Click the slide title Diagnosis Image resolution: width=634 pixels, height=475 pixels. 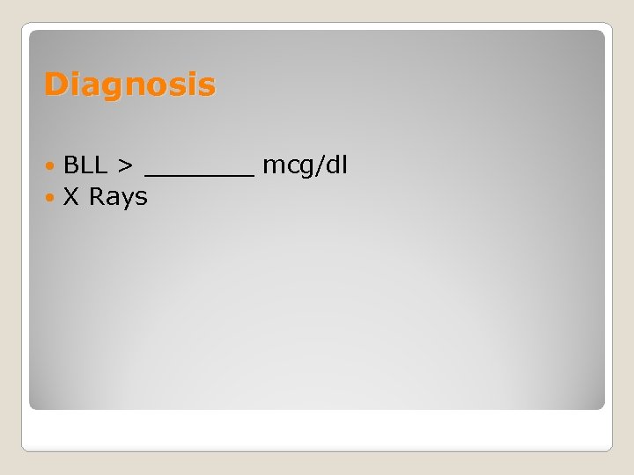[x=129, y=85]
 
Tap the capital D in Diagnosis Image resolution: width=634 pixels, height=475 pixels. [x=55, y=84]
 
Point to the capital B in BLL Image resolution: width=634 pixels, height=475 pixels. [x=71, y=164]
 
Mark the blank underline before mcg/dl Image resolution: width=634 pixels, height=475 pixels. [x=199, y=175]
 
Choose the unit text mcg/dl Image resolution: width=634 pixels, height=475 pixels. [x=305, y=164]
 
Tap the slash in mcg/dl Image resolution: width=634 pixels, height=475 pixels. [x=321, y=164]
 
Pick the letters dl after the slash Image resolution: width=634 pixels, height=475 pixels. [x=337, y=164]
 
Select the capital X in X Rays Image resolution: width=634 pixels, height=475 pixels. [x=71, y=197]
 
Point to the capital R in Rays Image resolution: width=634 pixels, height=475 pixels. [x=97, y=197]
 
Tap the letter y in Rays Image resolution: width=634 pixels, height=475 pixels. [x=128, y=201]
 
